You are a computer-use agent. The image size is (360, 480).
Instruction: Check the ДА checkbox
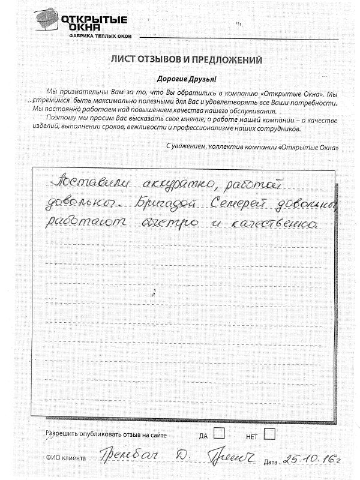click(x=220, y=433)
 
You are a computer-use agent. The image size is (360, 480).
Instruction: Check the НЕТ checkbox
click(x=269, y=433)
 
